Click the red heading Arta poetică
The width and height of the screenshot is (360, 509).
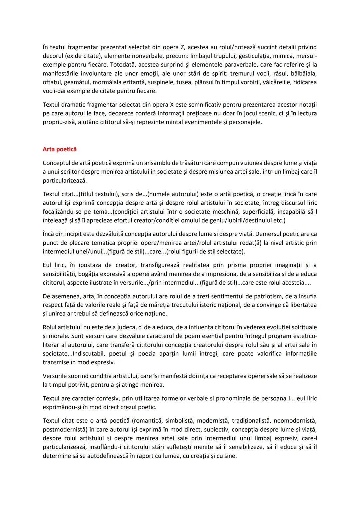[60, 149]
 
